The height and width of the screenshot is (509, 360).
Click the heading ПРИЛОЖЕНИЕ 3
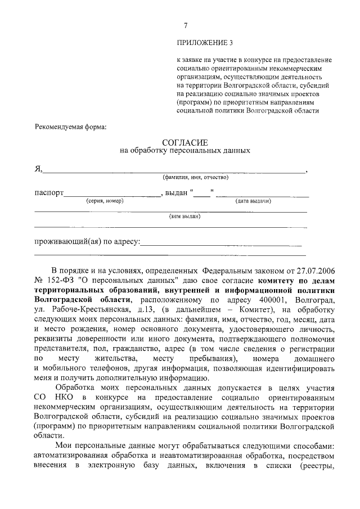(204, 43)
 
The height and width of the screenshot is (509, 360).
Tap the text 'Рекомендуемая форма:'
(70, 127)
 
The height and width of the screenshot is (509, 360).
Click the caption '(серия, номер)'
(104, 201)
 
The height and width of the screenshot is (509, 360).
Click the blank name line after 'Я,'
(174, 169)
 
